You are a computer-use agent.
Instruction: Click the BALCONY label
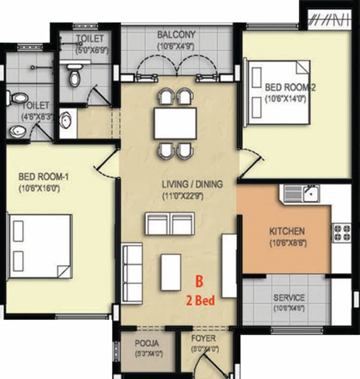coord(176,35)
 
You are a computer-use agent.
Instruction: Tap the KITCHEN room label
coord(286,231)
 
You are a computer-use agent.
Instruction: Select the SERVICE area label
coord(289,298)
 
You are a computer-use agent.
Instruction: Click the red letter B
coord(200,282)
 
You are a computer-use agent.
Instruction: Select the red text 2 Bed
coord(200,300)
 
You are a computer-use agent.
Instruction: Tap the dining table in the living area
coord(175,123)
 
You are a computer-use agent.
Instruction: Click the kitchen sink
coord(307,193)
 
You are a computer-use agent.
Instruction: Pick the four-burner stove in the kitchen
coord(341,233)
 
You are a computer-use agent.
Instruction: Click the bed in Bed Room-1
coord(40,246)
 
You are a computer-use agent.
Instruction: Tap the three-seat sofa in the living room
coord(132,272)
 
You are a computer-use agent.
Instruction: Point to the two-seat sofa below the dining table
coord(170,223)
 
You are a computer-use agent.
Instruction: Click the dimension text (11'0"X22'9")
coord(193,195)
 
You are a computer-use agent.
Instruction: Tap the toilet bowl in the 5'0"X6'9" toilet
coord(74,78)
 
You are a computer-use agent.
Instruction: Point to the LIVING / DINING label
coord(193,184)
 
